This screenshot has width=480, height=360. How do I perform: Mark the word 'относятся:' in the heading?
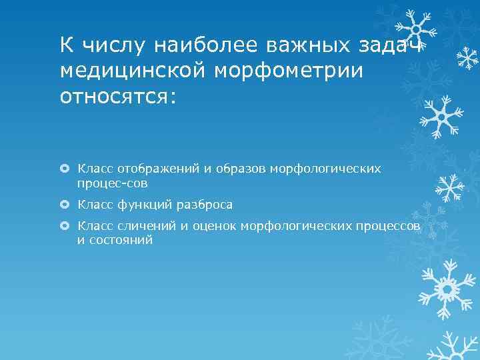[x=118, y=97]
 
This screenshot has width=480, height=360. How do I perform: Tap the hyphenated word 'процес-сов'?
[x=112, y=182]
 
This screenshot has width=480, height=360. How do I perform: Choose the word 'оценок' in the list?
[x=213, y=227]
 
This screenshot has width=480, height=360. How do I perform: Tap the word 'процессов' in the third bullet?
[x=389, y=227]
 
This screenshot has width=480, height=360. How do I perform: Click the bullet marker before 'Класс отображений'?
[x=65, y=169]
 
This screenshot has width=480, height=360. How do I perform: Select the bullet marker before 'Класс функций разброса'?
[x=65, y=205]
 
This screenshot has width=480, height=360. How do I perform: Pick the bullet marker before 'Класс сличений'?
[x=65, y=227]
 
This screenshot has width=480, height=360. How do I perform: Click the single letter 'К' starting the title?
[x=67, y=45]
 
